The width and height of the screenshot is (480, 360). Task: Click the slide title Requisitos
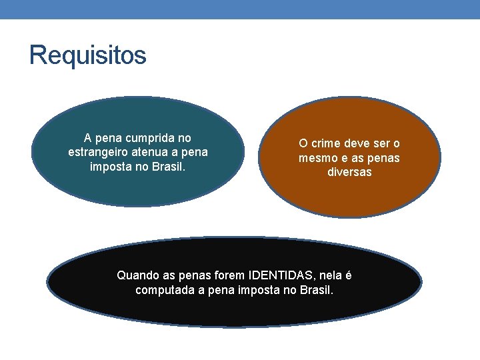point(87,55)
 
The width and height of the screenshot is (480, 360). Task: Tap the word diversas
point(349,172)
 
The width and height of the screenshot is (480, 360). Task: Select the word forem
point(228,275)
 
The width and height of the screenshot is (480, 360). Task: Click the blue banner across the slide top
point(240,9)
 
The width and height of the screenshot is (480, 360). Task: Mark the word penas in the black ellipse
point(193,275)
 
